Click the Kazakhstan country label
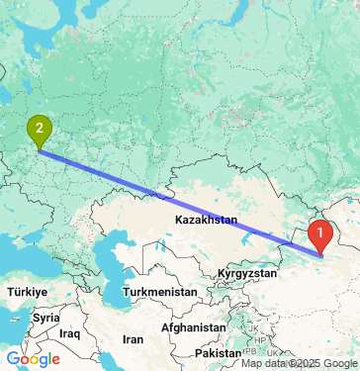[x=206, y=220]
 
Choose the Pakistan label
[x=219, y=352]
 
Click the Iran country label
[x=132, y=338]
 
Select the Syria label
[x=44, y=319]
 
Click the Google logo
[x=33, y=359]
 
